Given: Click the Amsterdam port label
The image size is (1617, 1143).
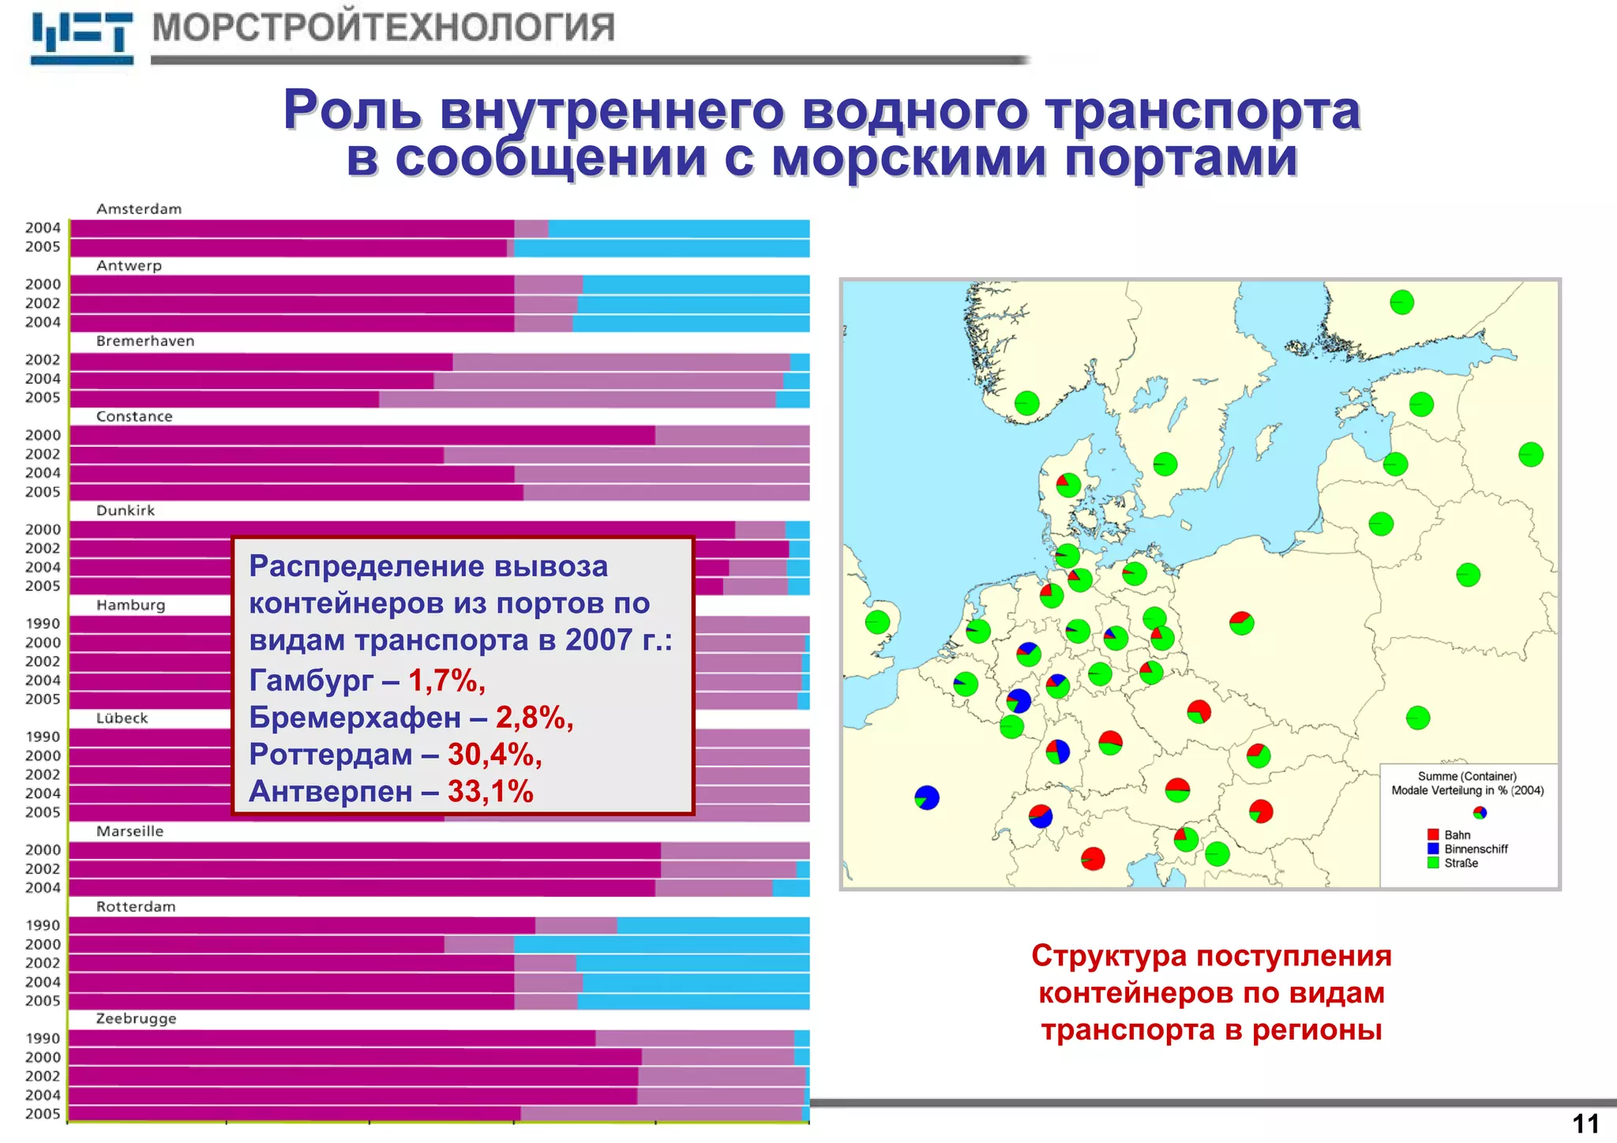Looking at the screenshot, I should (x=139, y=209).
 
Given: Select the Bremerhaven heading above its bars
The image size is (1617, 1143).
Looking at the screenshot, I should (x=145, y=341).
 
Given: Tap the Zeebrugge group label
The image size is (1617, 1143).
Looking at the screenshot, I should (x=136, y=1019).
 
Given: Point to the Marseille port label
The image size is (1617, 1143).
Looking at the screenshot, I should (x=129, y=831).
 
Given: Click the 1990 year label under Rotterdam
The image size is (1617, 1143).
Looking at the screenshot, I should (x=43, y=925).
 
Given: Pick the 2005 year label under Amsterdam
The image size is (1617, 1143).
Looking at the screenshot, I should (x=43, y=247).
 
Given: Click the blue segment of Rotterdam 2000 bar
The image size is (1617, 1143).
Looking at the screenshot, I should (x=662, y=944).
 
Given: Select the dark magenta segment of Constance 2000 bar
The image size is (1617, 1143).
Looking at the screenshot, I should (x=362, y=435).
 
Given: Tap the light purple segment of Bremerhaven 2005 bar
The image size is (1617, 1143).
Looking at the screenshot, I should (x=576, y=399).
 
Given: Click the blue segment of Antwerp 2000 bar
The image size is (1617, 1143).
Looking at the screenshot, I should (x=695, y=284).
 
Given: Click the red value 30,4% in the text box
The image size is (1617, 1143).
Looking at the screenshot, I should (x=494, y=755).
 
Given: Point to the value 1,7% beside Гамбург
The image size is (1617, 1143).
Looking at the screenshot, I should (x=446, y=680).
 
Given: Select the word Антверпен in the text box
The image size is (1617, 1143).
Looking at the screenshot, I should (x=330, y=792).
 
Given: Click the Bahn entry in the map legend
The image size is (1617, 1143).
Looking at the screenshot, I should (x=1457, y=835).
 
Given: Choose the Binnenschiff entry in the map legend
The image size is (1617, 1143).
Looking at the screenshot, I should (x=1475, y=849).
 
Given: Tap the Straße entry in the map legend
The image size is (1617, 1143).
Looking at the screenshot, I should (x=1461, y=864).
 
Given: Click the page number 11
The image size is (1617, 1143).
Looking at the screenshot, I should (x=1585, y=1124).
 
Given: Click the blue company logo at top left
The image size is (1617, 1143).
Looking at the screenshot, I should (x=81, y=37).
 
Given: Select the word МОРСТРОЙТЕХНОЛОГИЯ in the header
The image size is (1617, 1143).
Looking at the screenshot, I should (x=383, y=28).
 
